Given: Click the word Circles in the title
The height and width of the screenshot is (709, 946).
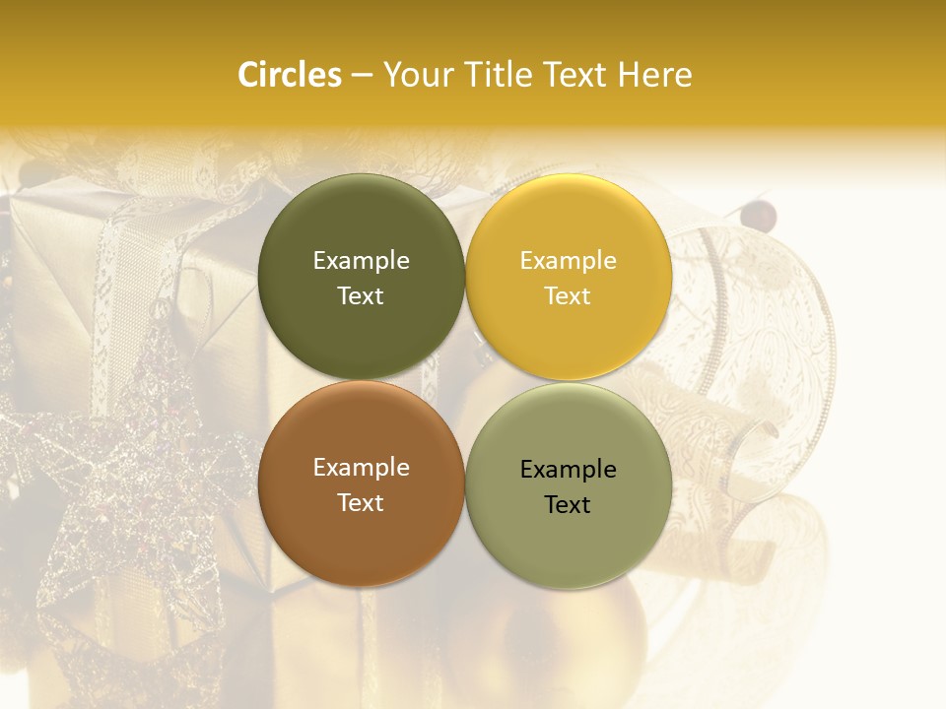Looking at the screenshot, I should click(289, 75).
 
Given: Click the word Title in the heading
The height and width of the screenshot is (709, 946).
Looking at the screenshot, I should click(493, 75).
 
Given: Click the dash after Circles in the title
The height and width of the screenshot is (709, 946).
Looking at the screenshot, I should click(362, 76).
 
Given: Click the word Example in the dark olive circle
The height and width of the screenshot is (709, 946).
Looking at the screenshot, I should click(361, 260).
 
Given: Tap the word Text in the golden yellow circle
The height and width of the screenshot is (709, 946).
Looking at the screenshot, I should click(568, 295).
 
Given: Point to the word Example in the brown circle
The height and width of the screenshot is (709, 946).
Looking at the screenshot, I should click(361, 467).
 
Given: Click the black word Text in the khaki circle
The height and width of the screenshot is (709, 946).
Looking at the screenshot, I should click(568, 504).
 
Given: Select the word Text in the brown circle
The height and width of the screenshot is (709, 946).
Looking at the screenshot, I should click(361, 502).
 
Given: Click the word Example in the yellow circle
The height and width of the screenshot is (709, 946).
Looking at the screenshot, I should click(568, 260).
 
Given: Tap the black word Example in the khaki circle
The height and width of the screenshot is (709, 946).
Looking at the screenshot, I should click(568, 469).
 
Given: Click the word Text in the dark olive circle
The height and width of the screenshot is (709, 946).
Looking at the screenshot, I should click(361, 295).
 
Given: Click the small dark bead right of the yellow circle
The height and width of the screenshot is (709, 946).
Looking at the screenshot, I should click(759, 211).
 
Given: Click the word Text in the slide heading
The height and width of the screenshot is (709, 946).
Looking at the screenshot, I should click(576, 75).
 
